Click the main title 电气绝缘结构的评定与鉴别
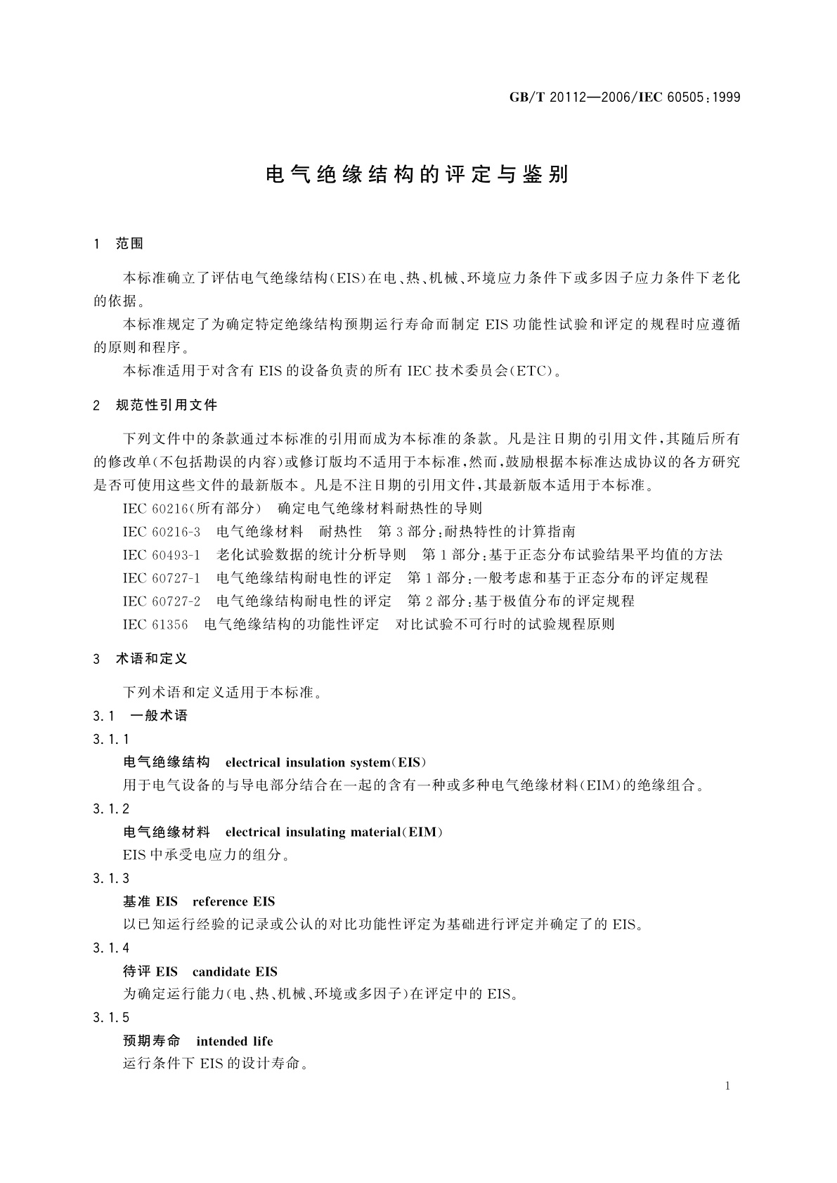pos(417,175)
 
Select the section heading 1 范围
pos(118,244)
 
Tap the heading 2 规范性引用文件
pos(155,405)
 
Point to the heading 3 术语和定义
pos(140,659)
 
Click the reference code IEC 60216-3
pos(162,531)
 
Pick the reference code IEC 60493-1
pos(162,554)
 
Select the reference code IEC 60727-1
pos(162,577)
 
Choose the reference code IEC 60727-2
pos(162,601)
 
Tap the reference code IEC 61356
pos(155,624)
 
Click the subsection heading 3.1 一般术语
pos(140,716)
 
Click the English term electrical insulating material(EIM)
pos(335,832)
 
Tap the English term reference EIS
pos(233,901)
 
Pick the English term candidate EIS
pos(235,972)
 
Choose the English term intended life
pos(235,1041)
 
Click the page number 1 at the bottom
pos(727,1086)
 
